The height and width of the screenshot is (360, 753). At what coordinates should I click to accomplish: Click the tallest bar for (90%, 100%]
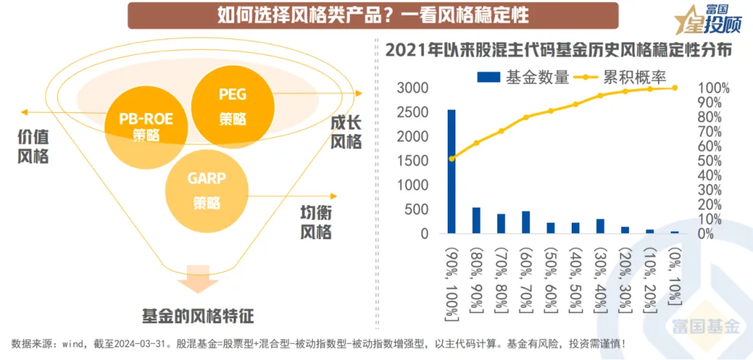452,172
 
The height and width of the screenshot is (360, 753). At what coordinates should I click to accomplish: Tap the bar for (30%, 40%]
600,226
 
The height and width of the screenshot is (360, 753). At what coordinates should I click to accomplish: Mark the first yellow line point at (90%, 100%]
452,158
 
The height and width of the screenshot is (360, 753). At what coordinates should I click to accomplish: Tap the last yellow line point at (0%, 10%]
674,88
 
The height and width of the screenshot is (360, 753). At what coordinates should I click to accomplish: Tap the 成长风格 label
346,133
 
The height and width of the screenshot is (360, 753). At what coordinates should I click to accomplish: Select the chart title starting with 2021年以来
558,51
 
